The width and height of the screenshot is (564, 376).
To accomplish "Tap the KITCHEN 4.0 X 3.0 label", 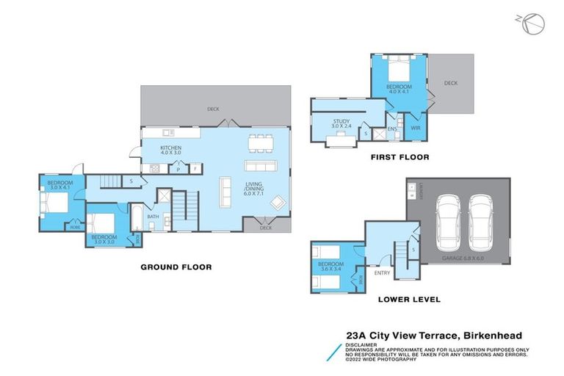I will pos(171,151).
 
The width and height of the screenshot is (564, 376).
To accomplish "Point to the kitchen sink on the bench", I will pos(167,133).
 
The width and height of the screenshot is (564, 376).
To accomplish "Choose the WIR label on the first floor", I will pos(415,128).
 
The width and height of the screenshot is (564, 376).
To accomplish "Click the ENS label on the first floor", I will pos(392,129).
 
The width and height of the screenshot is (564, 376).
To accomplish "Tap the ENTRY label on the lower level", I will pos(382,272).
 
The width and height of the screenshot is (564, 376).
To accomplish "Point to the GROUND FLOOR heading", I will pos(176,267).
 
